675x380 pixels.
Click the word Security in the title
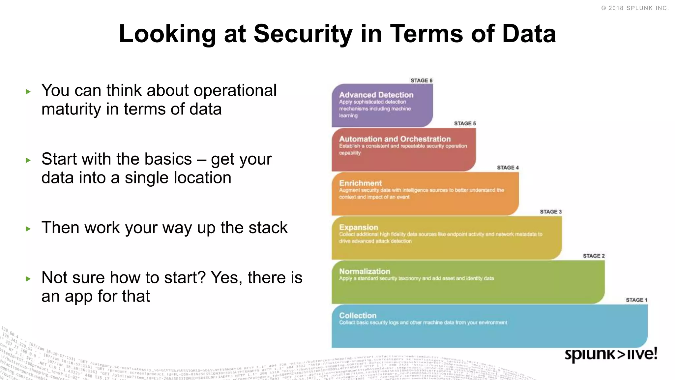tap(303, 34)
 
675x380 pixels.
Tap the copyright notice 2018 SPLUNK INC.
tap(635, 8)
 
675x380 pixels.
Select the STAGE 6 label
tap(421, 80)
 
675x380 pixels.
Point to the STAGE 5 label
tap(465, 123)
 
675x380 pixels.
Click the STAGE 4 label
tap(508, 168)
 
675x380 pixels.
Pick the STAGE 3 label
tap(550, 212)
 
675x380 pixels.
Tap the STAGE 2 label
tap(594, 256)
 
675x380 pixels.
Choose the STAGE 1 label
tap(636, 300)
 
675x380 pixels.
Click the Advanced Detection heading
tap(376, 95)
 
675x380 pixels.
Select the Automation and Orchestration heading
tap(395, 139)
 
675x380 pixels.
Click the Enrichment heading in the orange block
tap(360, 183)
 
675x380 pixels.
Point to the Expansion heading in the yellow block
tap(359, 227)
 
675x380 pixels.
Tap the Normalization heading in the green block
tap(365, 271)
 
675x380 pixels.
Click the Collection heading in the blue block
tap(358, 316)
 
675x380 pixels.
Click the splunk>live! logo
tap(611, 354)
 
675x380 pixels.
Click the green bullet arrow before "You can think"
tap(28, 92)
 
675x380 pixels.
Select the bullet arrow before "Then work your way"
tap(28, 229)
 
